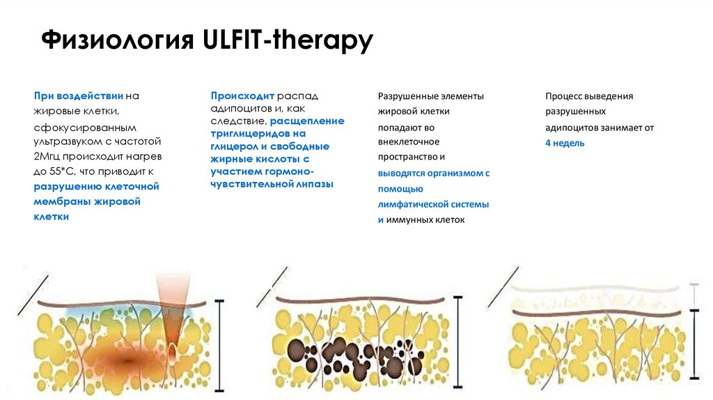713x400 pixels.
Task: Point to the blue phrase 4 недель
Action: tap(565, 143)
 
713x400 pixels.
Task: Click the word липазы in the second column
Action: tap(313, 184)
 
